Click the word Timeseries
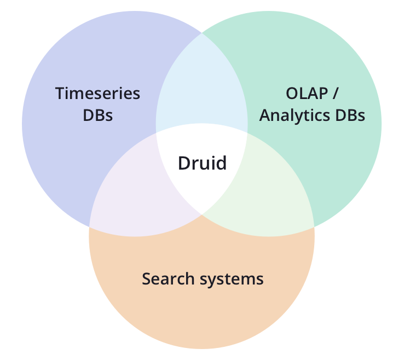tap(97, 94)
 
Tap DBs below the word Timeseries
tap(97, 115)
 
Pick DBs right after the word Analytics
tap(349, 115)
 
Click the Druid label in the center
tap(202, 163)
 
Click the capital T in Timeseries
tap(59, 94)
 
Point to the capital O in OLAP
tap(291, 94)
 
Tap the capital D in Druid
tap(184, 163)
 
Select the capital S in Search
tap(146, 278)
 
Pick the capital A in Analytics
tap(265, 115)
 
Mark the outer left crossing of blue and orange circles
tap(90, 226)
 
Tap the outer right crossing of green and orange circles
tap(314, 226)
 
